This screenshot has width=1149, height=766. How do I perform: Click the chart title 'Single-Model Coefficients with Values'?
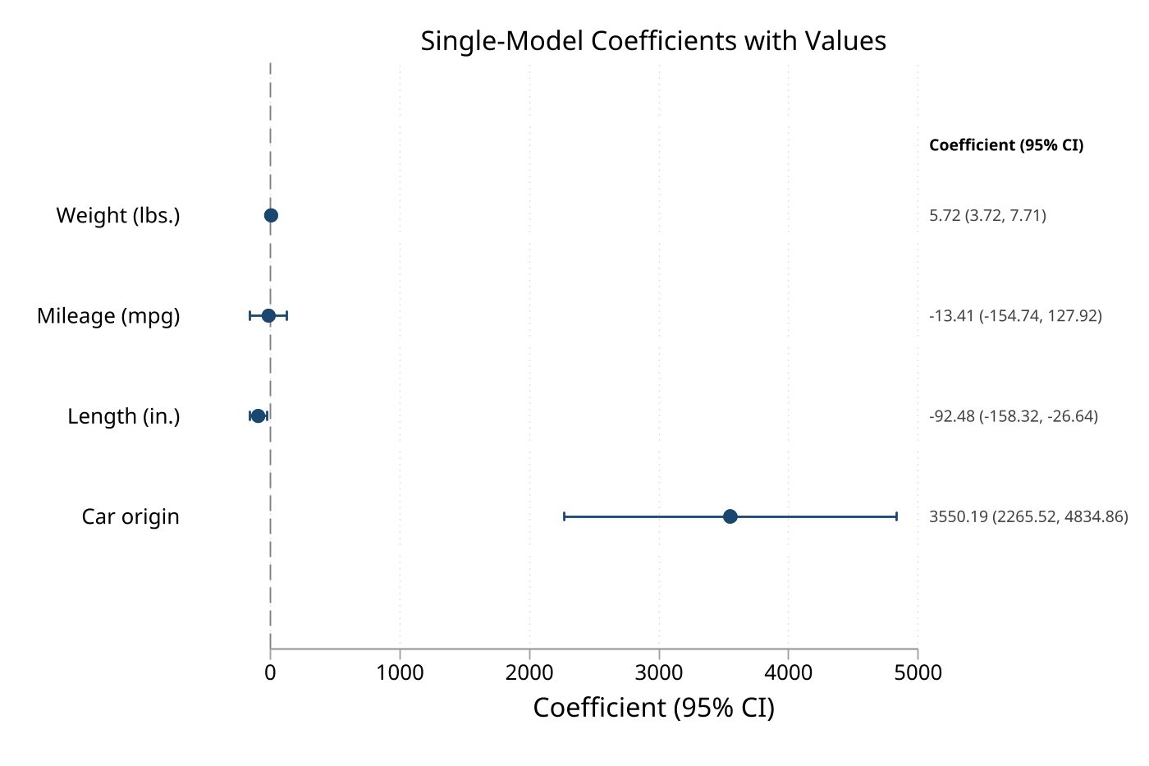[x=653, y=40]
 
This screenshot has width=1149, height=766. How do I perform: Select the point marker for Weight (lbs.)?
[x=271, y=215]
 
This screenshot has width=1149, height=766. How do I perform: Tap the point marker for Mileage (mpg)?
[x=268, y=316]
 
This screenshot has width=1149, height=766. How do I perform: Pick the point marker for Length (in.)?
[x=259, y=416]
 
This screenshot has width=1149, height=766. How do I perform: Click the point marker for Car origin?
[x=730, y=516]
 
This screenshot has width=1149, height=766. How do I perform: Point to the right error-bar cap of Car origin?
[x=896, y=516]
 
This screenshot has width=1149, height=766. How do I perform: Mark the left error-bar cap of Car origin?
[x=564, y=516]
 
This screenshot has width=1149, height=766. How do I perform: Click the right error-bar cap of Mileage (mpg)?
[x=286, y=316]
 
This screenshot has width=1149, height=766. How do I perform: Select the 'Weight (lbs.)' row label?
[x=118, y=215]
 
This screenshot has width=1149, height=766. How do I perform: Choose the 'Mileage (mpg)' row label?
[x=108, y=316]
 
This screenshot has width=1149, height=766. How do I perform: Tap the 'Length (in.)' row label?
[x=124, y=416]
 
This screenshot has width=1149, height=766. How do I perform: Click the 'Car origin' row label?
[x=130, y=516]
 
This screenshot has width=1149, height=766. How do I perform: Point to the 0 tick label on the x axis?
[x=270, y=673]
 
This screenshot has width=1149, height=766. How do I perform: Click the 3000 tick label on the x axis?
[x=659, y=673]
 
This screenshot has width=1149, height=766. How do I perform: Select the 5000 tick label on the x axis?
[x=918, y=673]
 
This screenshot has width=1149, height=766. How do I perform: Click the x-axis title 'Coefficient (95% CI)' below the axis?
[x=653, y=708]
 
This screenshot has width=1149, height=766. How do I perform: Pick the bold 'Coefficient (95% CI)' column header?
[x=1006, y=145]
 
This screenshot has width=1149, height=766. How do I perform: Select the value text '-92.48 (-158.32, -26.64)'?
[x=1014, y=416]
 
